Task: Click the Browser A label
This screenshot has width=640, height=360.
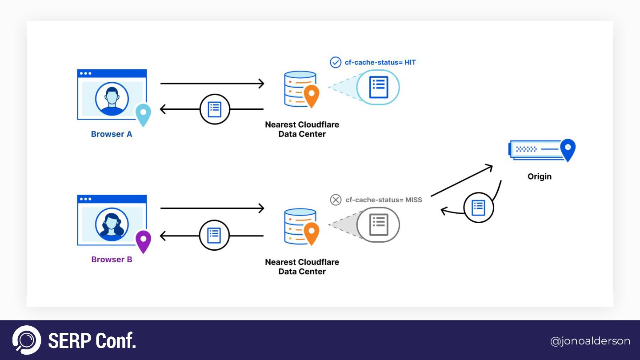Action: tap(112, 134)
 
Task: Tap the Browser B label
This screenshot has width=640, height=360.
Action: tap(112, 260)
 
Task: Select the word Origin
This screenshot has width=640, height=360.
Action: tap(539, 176)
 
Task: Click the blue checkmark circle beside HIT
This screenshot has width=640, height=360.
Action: tap(336, 62)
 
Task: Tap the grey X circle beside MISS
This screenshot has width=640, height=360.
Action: tap(336, 200)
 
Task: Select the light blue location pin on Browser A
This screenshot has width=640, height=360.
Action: tap(143, 114)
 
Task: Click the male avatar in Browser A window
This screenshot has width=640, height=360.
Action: tap(112, 99)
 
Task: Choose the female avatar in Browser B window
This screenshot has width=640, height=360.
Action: tap(112, 225)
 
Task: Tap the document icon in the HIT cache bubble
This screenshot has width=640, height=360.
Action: tap(379, 87)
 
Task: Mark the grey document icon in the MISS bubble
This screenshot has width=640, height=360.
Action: tap(379, 225)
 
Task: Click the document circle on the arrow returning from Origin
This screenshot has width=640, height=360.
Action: tap(478, 208)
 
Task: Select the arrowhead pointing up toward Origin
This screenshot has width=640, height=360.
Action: tap(489, 167)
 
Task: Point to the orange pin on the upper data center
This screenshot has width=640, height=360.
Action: tap(311, 95)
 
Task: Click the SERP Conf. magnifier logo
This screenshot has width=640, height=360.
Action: tap(27, 340)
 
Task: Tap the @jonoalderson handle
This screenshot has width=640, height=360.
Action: tap(590, 341)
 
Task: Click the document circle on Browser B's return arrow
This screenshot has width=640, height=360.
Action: tap(214, 235)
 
